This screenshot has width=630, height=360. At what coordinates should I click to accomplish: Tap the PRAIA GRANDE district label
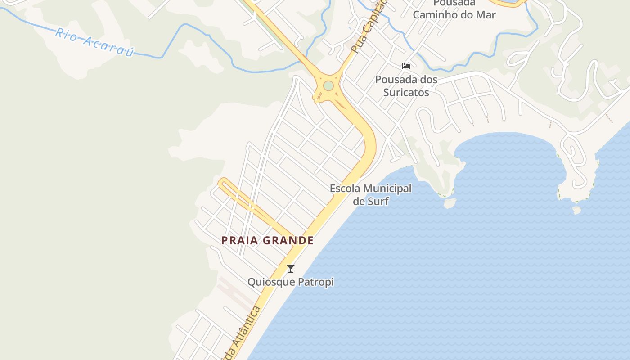point(267,240)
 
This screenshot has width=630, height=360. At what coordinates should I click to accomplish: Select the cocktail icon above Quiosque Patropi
point(291,269)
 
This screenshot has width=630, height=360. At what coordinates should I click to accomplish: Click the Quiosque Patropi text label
point(291,282)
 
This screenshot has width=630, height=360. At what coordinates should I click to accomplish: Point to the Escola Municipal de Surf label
point(370,194)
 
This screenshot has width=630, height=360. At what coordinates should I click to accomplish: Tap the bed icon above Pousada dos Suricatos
point(406,66)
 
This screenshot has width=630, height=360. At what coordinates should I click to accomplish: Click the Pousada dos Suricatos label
point(406,86)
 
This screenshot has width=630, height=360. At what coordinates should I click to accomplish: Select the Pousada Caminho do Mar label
point(454,9)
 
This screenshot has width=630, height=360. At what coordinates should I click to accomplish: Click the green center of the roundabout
point(328,85)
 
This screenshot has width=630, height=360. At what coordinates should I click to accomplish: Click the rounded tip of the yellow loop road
point(222,182)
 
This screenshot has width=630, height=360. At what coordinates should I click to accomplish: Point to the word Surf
point(377,201)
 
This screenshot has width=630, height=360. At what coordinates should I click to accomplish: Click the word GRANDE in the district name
point(288,240)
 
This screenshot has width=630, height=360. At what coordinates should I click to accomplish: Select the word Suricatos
point(406,93)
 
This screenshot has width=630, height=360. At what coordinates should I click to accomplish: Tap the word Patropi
point(318,282)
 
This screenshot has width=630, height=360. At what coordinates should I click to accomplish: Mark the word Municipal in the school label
point(387,189)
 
